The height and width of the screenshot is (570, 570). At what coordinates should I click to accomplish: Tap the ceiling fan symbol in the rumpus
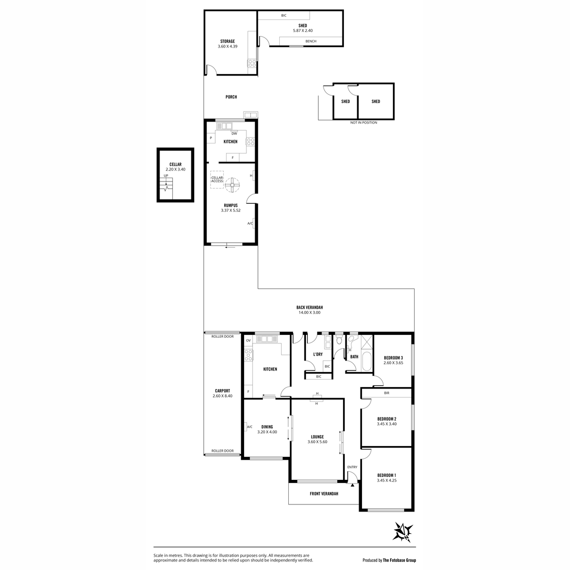coord(232,185)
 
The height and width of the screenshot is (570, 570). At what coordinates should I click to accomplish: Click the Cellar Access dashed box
coord(217,180)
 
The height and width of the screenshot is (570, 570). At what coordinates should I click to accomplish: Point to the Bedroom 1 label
coord(387,475)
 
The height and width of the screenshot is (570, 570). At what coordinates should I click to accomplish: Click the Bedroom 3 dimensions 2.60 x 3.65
coord(393,362)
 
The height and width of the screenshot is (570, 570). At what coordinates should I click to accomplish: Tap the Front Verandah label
coord(324,494)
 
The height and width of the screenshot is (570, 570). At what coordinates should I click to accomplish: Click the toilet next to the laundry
coord(339,341)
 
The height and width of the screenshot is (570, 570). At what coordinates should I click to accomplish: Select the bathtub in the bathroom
coord(366,361)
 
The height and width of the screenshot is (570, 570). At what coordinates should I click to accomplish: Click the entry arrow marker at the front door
coord(352,485)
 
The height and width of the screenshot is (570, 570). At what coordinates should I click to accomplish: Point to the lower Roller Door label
coord(222,451)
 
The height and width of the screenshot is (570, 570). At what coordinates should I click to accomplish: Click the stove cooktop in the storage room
coord(252,63)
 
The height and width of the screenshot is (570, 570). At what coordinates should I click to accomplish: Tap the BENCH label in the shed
coord(311,41)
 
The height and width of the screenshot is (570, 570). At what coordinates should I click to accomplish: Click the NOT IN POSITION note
coord(363,123)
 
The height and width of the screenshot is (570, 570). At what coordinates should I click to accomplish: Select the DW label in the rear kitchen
coord(234,133)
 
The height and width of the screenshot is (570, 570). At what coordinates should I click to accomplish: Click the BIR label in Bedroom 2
coord(387,393)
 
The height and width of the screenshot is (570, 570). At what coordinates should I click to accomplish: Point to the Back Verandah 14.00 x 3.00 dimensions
coord(309,313)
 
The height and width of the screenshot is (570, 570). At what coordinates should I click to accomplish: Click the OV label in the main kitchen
coord(248,341)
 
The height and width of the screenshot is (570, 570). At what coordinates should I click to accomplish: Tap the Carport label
coord(222,391)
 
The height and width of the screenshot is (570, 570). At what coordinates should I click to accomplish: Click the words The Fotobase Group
coord(399,560)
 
